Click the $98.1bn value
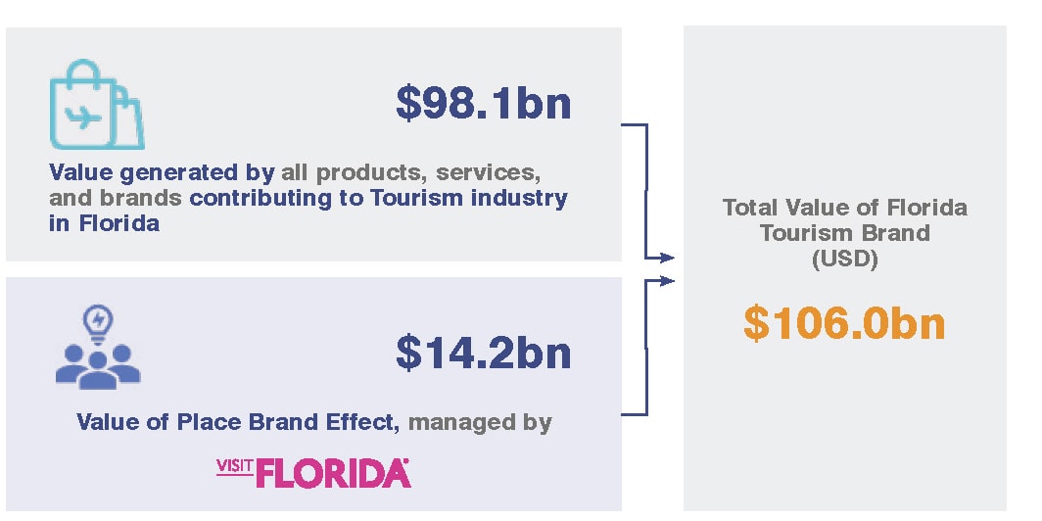pos(483,102)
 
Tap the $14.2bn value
pos(483,352)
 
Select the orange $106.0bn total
pos(844,323)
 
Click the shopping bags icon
pos(96,104)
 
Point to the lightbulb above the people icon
pos(99,319)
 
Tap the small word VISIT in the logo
pos(234,464)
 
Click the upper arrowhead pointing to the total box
pos(668,258)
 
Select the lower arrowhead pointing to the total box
pos(668,281)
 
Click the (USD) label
pos(844,260)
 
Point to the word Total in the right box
pos(752,208)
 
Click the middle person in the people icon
pos(98,366)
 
